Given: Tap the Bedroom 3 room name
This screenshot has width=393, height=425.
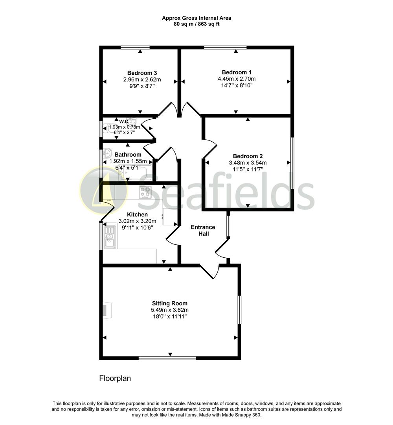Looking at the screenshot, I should point(142,73).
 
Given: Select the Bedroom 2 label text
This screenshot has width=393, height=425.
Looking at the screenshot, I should point(248,156).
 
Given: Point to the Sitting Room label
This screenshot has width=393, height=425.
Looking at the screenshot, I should point(170,303).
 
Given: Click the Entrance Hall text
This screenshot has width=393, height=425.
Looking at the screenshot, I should point(203,230).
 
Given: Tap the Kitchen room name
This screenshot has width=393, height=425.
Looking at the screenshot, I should point(138,214).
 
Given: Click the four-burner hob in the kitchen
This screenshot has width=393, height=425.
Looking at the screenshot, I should point(145,192).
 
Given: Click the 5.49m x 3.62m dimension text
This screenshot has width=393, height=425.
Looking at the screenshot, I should point(170,310).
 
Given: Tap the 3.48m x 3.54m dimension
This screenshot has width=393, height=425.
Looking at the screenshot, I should point(248,163).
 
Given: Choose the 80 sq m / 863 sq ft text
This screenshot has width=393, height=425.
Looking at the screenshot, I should point(196,24).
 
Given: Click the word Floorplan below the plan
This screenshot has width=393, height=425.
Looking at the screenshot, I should point(115,379).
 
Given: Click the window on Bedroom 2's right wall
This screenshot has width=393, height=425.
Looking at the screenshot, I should point(292,163).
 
